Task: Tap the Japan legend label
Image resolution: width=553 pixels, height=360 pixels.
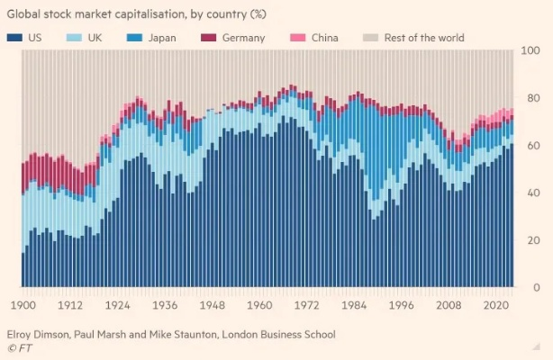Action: (163, 38)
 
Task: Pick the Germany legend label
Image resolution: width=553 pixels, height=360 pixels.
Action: (244, 38)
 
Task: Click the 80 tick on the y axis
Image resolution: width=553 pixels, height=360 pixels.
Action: (533, 98)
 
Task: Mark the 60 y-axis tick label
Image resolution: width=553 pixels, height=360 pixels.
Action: (533, 145)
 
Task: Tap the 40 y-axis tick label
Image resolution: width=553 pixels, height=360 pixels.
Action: (533, 193)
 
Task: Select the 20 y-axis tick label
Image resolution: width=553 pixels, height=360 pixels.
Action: (533, 240)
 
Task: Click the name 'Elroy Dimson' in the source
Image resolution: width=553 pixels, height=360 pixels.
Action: (39, 334)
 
